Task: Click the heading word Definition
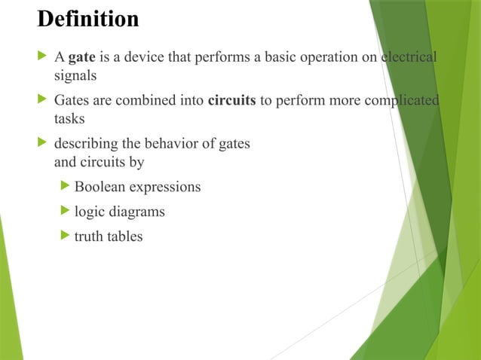[88, 19]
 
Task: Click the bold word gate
[81, 57]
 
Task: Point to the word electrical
[409, 57]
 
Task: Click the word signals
[75, 75]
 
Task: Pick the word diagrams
[136, 212]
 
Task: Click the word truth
[88, 236]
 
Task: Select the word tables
[124, 236]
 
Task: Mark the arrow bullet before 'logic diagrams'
[65, 211]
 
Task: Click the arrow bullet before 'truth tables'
[65, 236]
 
